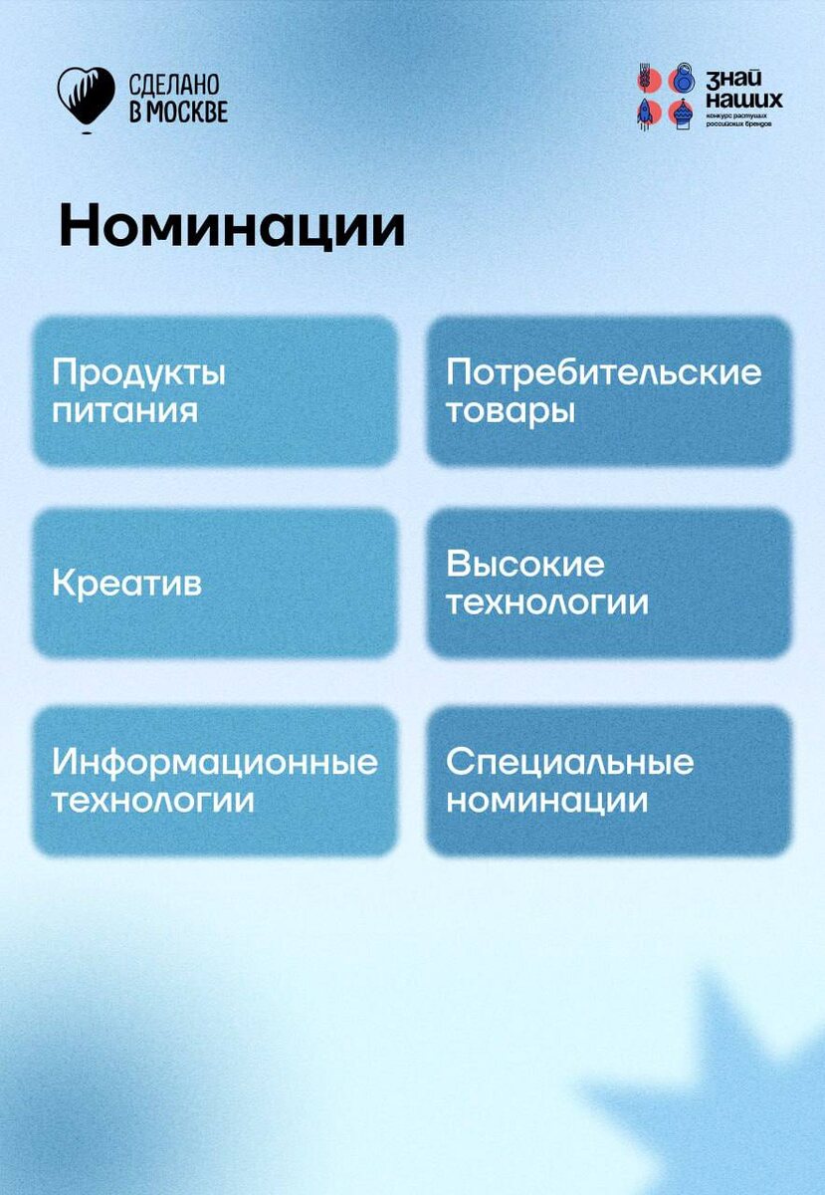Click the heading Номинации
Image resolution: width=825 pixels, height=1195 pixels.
point(232,228)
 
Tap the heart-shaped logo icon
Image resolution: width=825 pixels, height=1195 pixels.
point(85,96)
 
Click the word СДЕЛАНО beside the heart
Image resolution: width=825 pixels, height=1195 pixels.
point(175,85)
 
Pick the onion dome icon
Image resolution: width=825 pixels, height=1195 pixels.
point(682,112)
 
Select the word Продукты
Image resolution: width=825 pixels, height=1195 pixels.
point(139,374)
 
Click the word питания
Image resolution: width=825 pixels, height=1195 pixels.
point(124,410)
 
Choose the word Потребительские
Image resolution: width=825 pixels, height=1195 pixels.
point(603,372)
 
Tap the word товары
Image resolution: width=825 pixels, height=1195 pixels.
point(510,410)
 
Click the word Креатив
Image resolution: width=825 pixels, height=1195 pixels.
point(126,584)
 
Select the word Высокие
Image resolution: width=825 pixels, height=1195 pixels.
point(524,565)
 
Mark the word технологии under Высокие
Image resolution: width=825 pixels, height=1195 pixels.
point(546,602)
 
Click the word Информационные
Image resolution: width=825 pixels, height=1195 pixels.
point(215,763)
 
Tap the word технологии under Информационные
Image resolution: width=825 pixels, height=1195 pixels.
point(152,801)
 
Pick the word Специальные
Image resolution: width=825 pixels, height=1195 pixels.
point(569,763)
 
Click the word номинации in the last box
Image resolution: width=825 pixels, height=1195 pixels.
point(546,801)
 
